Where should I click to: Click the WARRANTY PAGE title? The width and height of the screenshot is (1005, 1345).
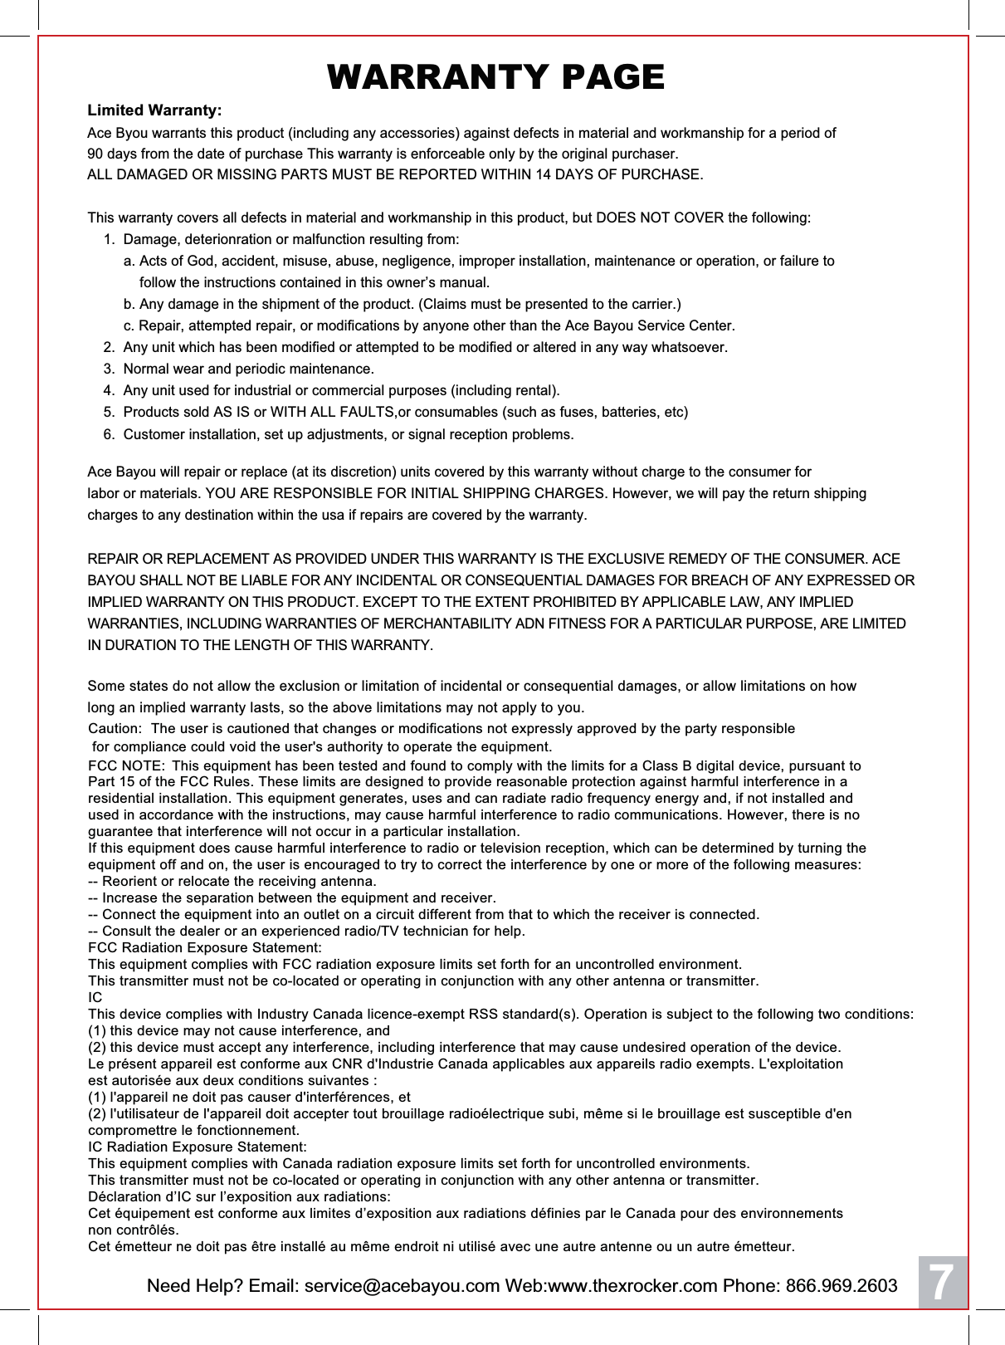coord(495,77)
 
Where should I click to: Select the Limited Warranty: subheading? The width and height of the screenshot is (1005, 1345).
coord(154,111)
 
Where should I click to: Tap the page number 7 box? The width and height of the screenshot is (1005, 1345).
coord(940,1284)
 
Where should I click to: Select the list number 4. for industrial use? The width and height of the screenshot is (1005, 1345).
coord(110,390)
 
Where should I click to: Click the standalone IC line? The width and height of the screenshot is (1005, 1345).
coord(95,997)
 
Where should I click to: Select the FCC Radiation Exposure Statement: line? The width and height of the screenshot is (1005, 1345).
coord(205,948)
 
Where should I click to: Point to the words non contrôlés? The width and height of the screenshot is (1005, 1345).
coord(133,1230)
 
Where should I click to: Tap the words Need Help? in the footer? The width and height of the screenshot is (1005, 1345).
coord(194,1286)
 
